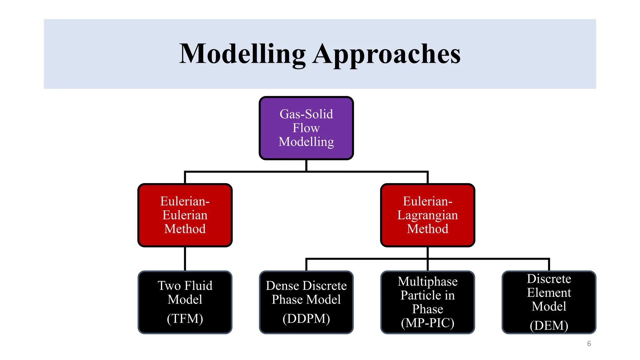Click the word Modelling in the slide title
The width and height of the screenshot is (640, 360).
click(242, 54)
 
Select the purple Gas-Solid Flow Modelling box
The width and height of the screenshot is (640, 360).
click(306, 128)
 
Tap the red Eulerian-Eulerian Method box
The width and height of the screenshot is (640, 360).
click(185, 215)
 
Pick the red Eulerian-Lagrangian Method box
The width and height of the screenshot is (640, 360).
click(427, 215)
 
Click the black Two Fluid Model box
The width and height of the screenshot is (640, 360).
click(185, 302)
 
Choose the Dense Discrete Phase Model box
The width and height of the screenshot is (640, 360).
click(306, 302)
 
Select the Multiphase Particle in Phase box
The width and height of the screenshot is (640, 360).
click(427, 302)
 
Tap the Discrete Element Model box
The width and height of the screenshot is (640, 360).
click(549, 302)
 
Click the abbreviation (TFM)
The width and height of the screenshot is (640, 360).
click(185, 319)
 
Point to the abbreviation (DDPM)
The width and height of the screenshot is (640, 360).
click(306, 319)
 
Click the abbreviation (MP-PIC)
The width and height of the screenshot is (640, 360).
click(427, 323)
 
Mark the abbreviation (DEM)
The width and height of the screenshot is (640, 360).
click(549, 326)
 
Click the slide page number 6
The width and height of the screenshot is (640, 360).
click(589, 343)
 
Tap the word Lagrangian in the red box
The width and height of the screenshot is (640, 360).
click(427, 215)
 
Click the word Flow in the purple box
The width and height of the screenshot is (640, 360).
click(306, 128)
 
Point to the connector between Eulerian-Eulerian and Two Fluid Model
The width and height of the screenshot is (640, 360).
click(185, 259)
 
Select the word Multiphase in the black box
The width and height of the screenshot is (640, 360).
click(427, 282)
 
